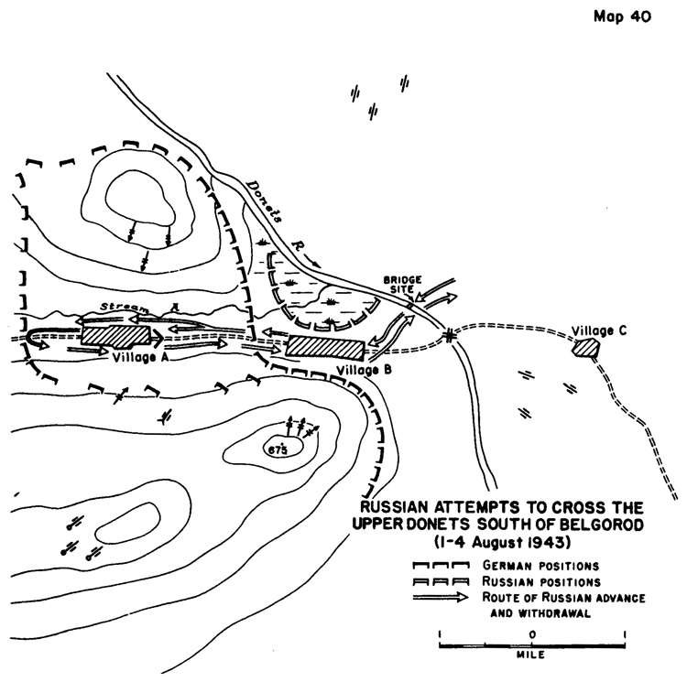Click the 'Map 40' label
click(x=622, y=16)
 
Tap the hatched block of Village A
click(x=115, y=335)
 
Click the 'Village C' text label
click(x=598, y=330)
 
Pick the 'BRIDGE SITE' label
click(x=402, y=285)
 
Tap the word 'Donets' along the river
click(x=264, y=200)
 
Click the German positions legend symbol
click(x=441, y=565)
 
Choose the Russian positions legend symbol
click(x=441, y=581)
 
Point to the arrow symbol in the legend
click(x=441, y=597)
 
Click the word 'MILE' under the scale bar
click(x=531, y=655)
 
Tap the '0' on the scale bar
click(x=532, y=634)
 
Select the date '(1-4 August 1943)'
click(x=503, y=542)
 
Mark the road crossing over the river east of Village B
click(x=448, y=336)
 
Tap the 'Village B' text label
click(x=364, y=371)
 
